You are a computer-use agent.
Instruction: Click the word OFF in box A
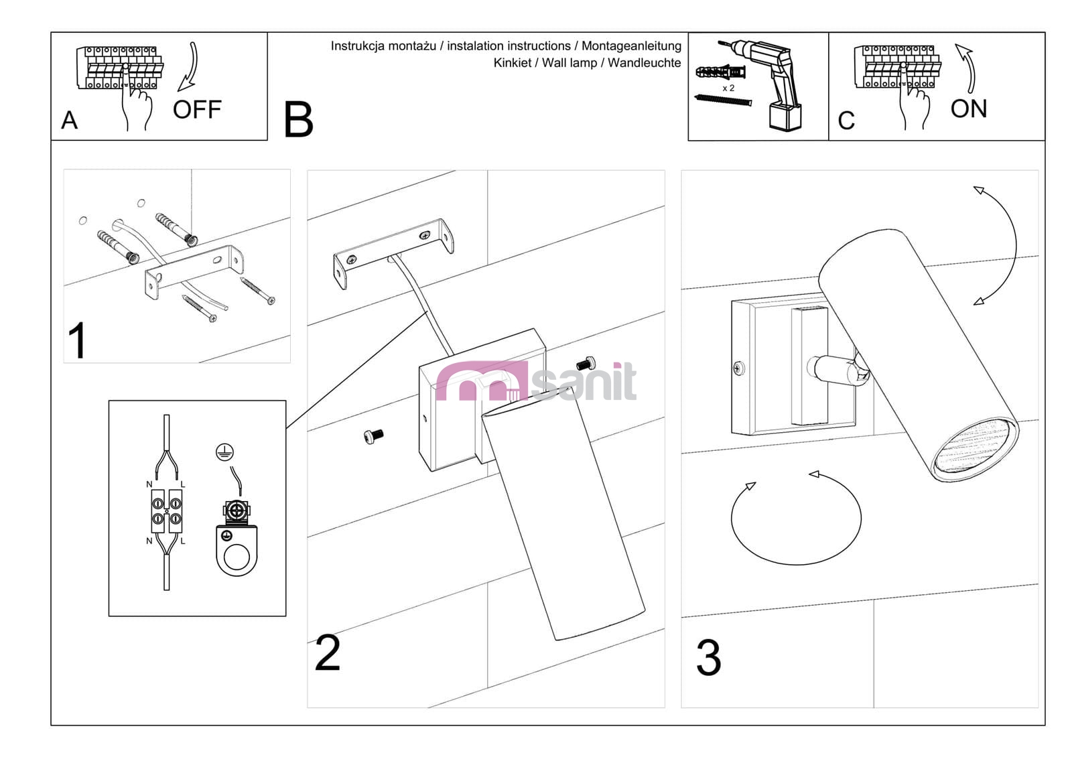point(196,109)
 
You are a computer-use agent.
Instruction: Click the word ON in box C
point(968,109)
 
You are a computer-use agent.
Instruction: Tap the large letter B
point(298,120)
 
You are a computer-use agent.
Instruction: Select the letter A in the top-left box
point(69,121)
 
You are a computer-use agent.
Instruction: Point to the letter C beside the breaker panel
point(846,121)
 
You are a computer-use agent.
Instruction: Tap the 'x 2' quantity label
point(728,88)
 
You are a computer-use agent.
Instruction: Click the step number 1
point(78,340)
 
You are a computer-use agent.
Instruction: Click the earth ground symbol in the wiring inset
point(224,452)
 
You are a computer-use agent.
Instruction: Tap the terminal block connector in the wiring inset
point(166,510)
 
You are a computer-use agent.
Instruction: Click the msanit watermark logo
point(536,382)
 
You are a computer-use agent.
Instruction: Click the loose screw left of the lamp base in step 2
point(373,436)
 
